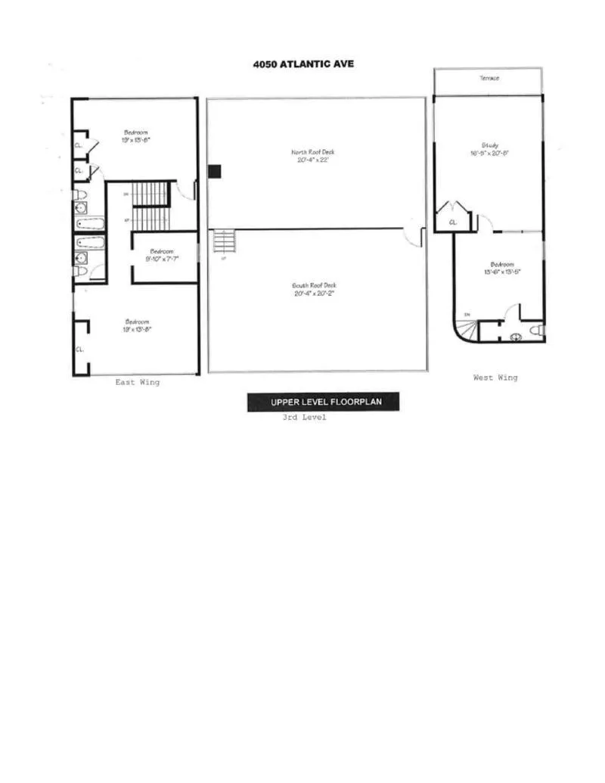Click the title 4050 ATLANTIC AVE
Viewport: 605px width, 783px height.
(x=303, y=64)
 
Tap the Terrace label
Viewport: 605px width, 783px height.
(x=489, y=78)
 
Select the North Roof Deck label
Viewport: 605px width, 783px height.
(x=312, y=156)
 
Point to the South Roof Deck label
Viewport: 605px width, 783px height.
(x=313, y=289)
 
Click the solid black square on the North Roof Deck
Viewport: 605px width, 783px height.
(x=215, y=172)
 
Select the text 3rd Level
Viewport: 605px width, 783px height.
(x=303, y=418)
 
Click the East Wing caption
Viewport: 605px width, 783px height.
(x=137, y=382)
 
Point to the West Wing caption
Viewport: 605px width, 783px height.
(x=495, y=378)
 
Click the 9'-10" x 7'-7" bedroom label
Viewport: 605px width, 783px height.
(x=163, y=255)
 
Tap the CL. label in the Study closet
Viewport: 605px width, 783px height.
(x=453, y=222)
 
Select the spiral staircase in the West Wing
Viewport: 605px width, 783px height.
(x=467, y=329)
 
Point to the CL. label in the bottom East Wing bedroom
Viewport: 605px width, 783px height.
(x=79, y=349)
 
